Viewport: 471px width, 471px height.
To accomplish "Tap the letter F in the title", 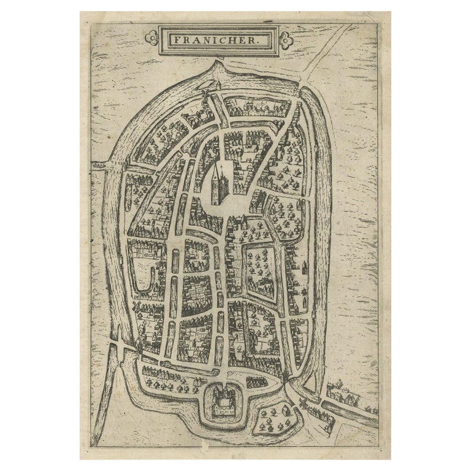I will coord(175,40).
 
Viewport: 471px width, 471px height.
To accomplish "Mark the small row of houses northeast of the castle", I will coord(256,381).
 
